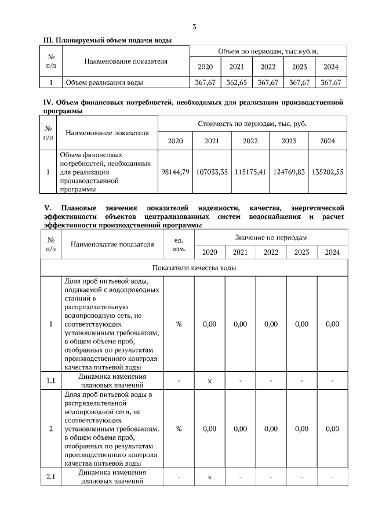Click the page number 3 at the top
click(194, 27)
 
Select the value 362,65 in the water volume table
click(237, 82)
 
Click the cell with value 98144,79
click(174, 172)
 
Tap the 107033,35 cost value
click(212, 172)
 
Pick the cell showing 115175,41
click(250, 172)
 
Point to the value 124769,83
click(289, 172)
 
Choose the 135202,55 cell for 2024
click(328, 172)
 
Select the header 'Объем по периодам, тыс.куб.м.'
click(268, 51)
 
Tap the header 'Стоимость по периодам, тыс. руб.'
click(252, 124)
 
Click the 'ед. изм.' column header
click(179, 244)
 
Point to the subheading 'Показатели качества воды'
click(194, 267)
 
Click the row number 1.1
click(50, 381)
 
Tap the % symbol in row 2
click(179, 429)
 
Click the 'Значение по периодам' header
click(271, 238)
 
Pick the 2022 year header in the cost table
click(250, 141)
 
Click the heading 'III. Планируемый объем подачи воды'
click(108, 39)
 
